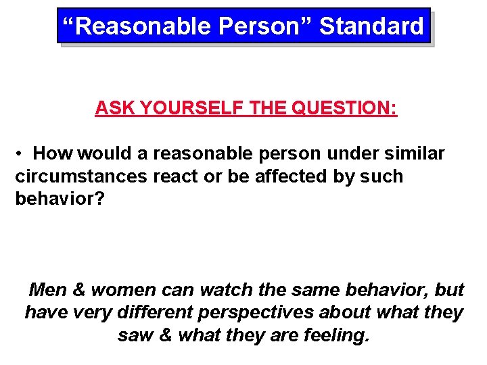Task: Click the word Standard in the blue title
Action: point(371,26)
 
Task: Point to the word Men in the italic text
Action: point(49,290)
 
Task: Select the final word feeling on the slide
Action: point(335,336)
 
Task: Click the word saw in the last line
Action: point(134,336)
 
